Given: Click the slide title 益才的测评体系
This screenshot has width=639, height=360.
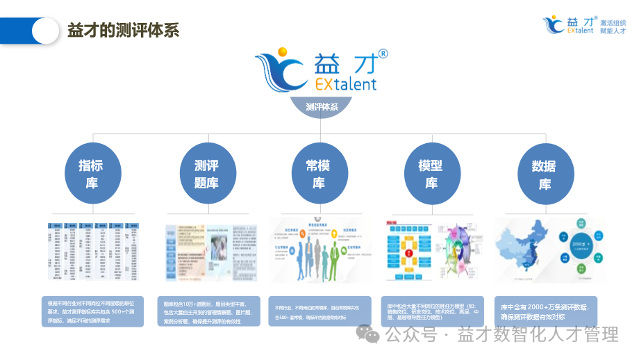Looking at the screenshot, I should click(x=123, y=31).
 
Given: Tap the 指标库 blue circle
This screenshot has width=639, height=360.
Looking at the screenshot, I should click(x=92, y=174).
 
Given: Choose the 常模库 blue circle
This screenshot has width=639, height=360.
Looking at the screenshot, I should click(x=319, y=174).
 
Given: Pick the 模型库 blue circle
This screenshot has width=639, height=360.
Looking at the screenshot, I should click(x=431, y=174).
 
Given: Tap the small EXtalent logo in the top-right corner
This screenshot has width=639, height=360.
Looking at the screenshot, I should click(x=568, y=25).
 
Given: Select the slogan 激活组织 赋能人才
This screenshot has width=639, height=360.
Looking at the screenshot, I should click(x=613, y=27).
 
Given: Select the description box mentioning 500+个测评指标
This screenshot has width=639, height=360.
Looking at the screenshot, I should click(x=92, y=311).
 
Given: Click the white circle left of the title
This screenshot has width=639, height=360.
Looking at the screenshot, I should click(x=46, y=31).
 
